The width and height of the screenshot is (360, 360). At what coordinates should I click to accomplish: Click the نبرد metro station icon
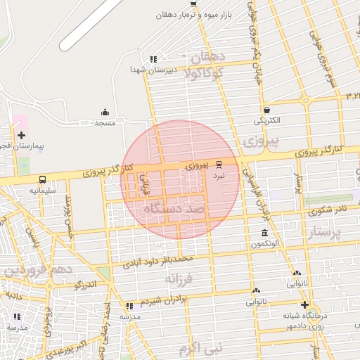[x=219, y=162]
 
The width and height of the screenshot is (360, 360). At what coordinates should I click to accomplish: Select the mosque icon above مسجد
[x=105, y=112]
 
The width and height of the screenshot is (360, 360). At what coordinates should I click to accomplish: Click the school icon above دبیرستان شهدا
[x=153, y=59]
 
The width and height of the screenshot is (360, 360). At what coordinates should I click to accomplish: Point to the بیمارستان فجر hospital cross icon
[x=21, y=135]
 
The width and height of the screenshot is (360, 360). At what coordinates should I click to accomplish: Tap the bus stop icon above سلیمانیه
[x=42, y=179]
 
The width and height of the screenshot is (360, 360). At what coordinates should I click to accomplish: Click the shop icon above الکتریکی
[x=266, y=110]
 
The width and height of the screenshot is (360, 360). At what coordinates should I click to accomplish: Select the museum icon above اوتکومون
[x=264, y=233]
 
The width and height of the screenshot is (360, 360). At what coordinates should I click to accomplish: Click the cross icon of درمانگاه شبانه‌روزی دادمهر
[x=304, y=304]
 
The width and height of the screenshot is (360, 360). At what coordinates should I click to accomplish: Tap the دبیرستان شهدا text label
[x=151, y=70]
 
